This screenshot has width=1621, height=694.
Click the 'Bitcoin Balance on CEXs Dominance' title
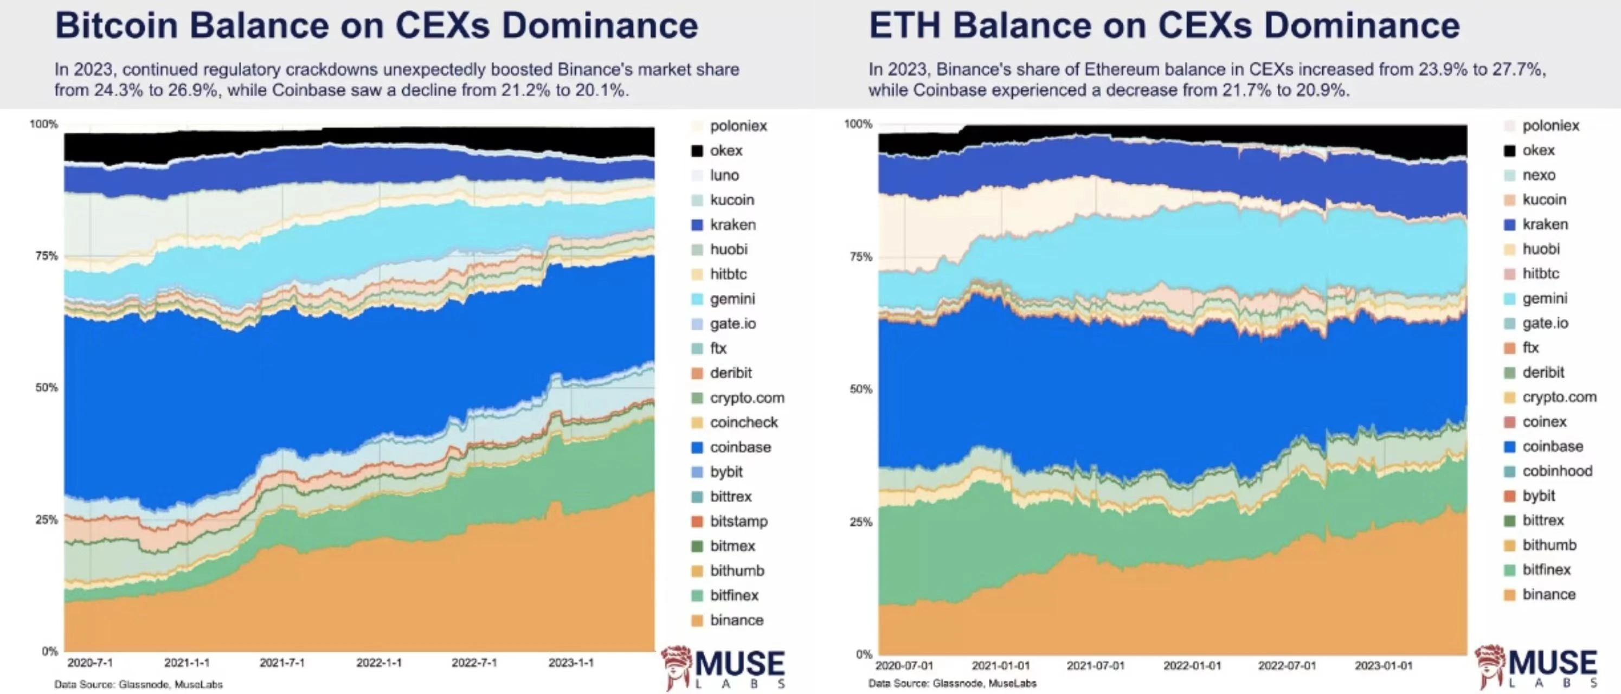click(x=376, y=26)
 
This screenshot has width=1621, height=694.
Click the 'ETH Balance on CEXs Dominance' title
click(x=1164, y=26)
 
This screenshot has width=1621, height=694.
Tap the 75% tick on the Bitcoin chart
click(x=47, y=255)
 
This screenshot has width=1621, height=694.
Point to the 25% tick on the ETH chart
click(x=861, y=522)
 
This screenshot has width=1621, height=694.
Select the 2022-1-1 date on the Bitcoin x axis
click(x=379, y=663)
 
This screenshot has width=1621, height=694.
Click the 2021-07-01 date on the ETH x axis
click(x=1096, y=665)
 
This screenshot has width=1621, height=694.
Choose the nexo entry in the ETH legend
click(x=1539, y=175)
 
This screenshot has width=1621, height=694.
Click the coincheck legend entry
click(x=743, y=422)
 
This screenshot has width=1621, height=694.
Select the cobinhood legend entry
click(x=1557, y=471)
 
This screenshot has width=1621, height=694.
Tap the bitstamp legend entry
click(x=738, y=521)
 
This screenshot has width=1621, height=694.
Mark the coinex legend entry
click(x=1544, y=422)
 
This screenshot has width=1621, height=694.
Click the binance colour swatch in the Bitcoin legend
click(x=697, y=620)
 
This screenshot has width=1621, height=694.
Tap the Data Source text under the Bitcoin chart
click(x=138, y=684)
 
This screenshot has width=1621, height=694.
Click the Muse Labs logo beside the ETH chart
click(x=1536, y=667)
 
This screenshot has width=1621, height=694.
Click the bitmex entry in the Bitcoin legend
click(x=732, y=545)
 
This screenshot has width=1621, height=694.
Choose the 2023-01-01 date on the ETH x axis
click(x=1383, y=665)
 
